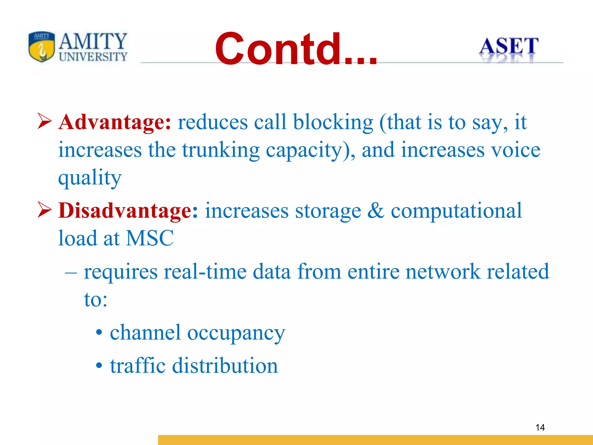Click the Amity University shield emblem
pos(42,46)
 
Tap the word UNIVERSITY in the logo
pos(93,57)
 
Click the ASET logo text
pos(508,46)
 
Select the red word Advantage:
pos(115,122)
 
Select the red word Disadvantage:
pos(128,210)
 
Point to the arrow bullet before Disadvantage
pos(45,210)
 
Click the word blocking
pos(333,122)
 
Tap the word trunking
pos(221,150)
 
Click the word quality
pos(90,178)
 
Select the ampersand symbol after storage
pos(376,210)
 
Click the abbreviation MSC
pos(150,238)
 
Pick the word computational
pos(456,210)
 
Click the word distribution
pos(225,366)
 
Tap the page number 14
pos(540,427)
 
